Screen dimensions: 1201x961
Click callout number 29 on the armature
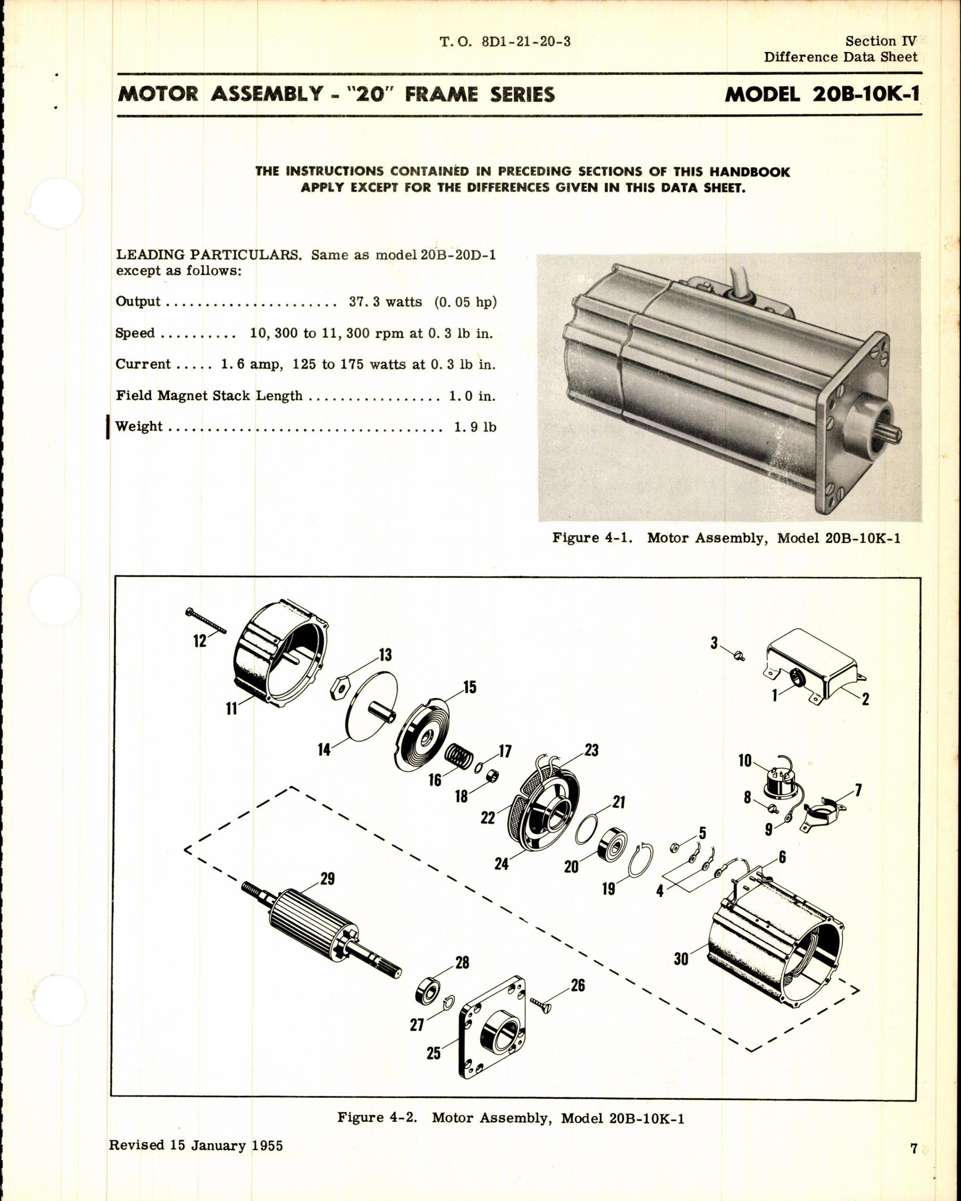click(328, 878)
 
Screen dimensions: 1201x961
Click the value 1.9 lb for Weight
click(474, 427)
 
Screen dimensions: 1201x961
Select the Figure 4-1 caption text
click(726, 538)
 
